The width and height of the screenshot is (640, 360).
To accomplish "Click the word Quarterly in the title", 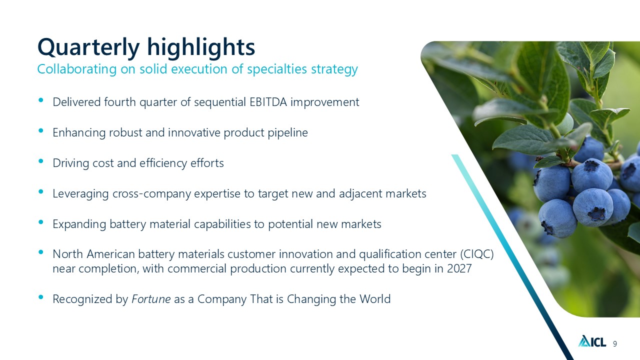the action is (x=88, y=47).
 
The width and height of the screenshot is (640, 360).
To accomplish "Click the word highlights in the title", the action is (x=201, y=47).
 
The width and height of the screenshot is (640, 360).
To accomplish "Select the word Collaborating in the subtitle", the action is (x=77, y=69).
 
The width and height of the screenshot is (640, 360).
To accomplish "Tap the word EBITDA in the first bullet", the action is (x=268, y=102).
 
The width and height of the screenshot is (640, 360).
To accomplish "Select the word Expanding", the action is (x=79, y=224).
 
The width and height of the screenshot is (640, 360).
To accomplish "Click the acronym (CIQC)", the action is (x=477, y=254).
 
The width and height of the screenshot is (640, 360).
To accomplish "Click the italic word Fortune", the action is (x=151, y=299).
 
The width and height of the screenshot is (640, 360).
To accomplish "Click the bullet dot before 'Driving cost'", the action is (x=41, y=161).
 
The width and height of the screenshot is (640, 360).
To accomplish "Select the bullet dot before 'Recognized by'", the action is (x=41, y=297).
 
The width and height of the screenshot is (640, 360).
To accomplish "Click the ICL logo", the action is (x=592, y=341).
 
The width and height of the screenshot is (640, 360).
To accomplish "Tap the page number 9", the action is (x=615, y=343).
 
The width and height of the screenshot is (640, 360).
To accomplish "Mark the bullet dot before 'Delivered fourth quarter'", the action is (x=41, y=100).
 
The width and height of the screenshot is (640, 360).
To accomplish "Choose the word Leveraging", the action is (x=81, y=194).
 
